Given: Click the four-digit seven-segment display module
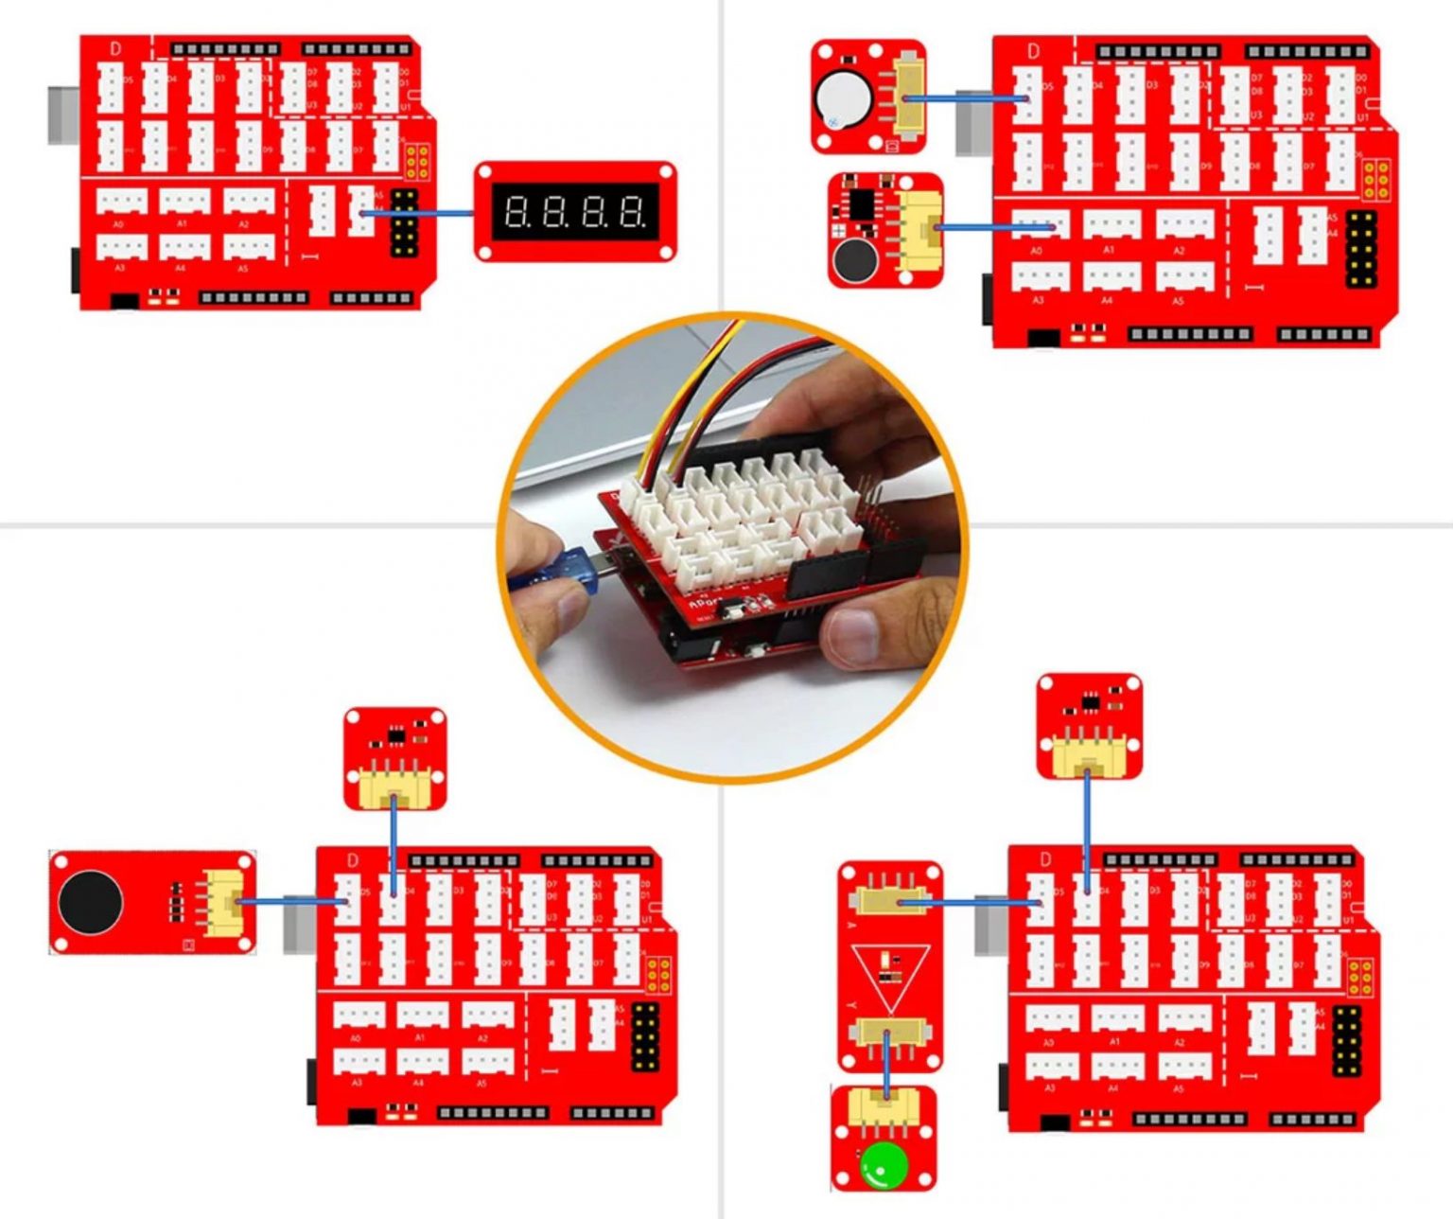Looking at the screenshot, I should click(575, 211).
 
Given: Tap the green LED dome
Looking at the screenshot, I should click(879, 1166).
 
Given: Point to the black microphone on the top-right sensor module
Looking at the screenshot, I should click(853, 259).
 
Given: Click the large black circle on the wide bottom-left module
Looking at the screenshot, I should click(90, 900).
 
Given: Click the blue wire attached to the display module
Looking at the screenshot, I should click(421, 213).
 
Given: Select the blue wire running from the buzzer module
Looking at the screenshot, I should click(965, 97).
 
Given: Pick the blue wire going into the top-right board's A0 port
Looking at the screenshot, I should click(993, 227).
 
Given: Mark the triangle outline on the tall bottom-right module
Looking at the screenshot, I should click(888, 975).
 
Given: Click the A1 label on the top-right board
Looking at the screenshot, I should click(1109, 250).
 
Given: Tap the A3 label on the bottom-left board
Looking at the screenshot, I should click(357, 1082).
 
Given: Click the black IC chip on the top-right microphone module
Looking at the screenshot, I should click(861, 202).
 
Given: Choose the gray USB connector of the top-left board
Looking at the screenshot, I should click(61, 115).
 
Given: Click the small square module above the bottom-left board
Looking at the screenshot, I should click(394, 758).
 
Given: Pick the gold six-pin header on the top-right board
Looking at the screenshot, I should click(1375, 178).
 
